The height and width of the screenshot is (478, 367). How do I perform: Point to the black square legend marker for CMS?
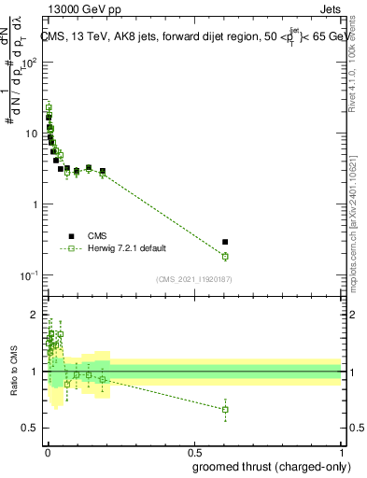71,235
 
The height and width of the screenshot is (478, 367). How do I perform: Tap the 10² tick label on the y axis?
28,63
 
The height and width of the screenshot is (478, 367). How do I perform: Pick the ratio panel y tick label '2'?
35,314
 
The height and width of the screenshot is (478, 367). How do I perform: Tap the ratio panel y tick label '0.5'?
31,428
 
